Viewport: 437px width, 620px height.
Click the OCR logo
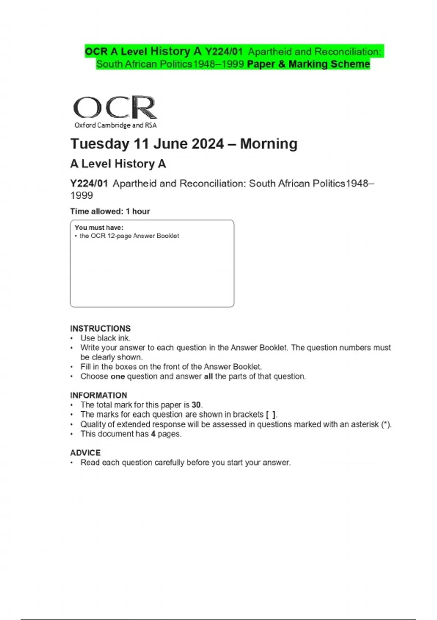click(115, 107)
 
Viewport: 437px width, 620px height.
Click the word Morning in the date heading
click(269, 144)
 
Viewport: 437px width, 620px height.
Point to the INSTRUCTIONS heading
click(100, 328)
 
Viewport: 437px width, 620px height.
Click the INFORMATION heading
click(99, 395)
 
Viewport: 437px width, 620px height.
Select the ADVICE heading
click(85, 453)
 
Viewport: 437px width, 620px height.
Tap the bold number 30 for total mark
click(196, 405)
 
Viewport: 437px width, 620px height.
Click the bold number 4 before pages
click(153, 434)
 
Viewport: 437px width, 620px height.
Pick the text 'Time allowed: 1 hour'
click(110, 211)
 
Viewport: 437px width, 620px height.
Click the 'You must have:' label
click(99, 228)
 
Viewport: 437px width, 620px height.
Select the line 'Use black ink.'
click(105, 338)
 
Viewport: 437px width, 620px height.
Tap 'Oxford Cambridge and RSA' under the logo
click(115, 125)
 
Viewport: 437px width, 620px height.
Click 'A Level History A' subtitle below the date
click(118, 164)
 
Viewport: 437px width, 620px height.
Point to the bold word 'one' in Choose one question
click(118, 376)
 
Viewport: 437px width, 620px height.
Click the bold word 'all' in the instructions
click(208, 376)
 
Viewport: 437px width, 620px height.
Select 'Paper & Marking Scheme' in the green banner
click(308, 64)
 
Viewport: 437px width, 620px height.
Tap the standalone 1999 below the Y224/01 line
click(82, 195)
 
